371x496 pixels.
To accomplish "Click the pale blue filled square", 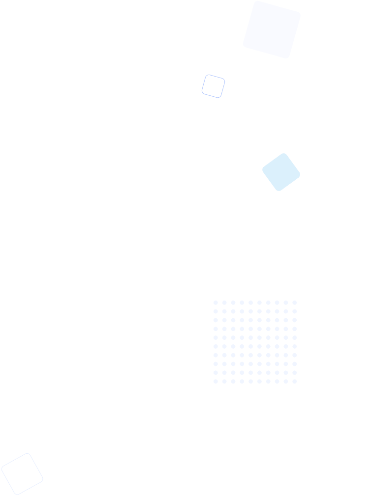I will pos(272,29).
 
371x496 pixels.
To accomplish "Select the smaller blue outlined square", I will pos(213,86).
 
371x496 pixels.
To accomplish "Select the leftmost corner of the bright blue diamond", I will pos(263,170).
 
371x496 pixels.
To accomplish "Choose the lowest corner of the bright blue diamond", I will pos(279,191).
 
